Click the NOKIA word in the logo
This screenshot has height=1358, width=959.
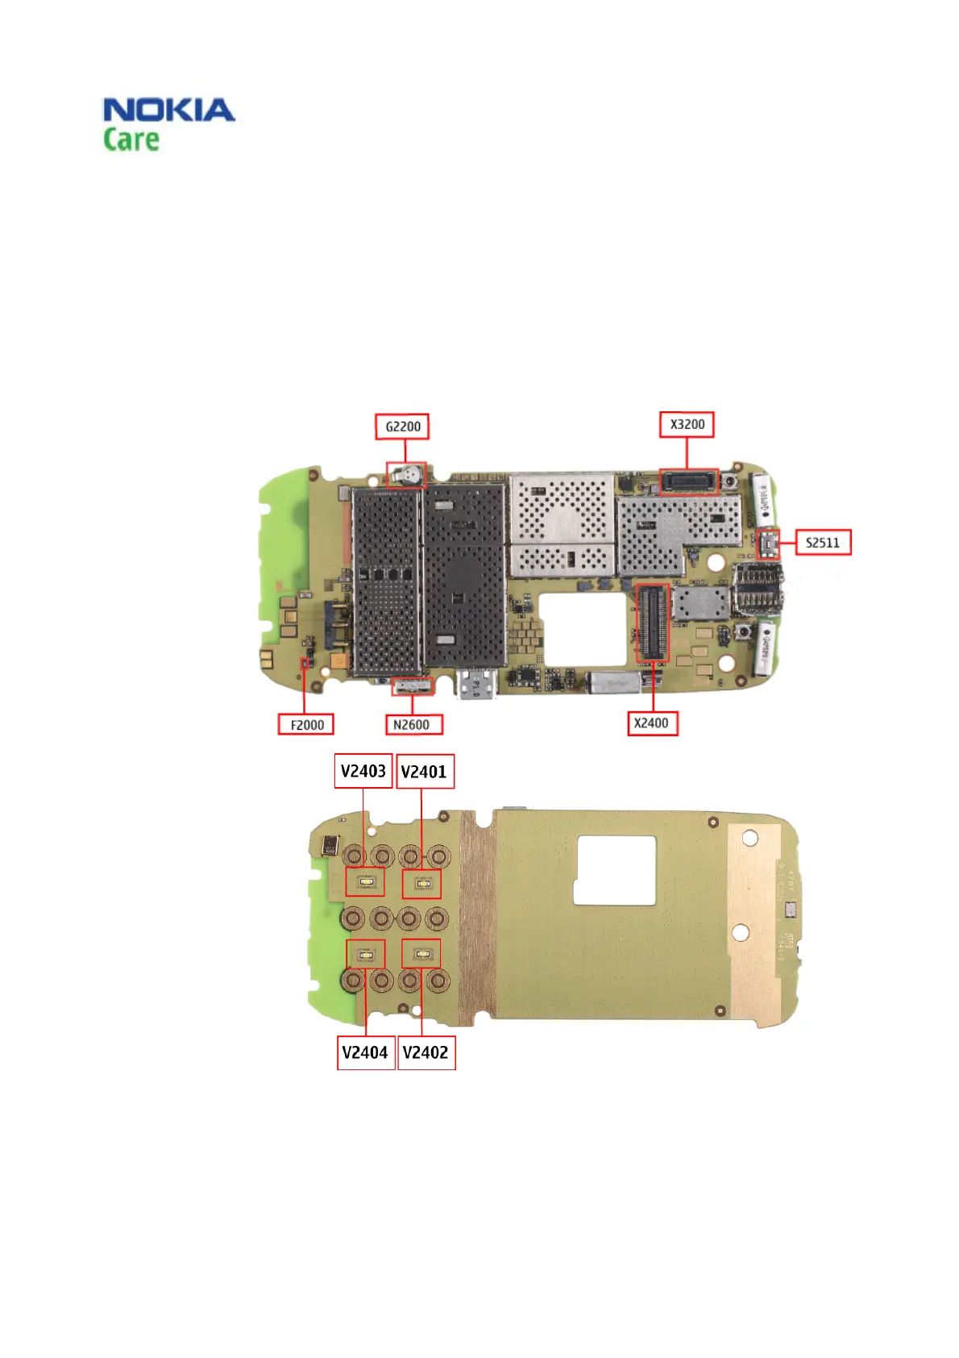[169, 110]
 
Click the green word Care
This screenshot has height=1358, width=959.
[131, 139]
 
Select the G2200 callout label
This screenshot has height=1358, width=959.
[402, 427]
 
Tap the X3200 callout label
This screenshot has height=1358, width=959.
[687, 424]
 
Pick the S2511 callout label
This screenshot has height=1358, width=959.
[823, 543]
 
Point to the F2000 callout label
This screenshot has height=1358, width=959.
[306, 724]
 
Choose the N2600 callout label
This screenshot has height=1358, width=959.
[411, 724]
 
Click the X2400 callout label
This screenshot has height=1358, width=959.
[651, 723]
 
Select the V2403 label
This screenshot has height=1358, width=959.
[363, 772]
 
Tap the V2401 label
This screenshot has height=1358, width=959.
[424, 772]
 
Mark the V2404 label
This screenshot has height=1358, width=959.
[366, 1052]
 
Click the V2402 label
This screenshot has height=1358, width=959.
[426, 1052]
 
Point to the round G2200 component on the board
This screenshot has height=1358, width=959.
[409, 475]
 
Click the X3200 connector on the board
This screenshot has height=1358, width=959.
[688, 482]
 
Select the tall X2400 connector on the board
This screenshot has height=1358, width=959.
[653, 623]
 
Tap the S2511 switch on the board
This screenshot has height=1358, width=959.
[769, 544]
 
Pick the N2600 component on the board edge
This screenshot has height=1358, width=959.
[413, 686]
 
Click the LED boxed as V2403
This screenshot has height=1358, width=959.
[365, 882]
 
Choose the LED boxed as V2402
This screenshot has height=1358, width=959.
[421, 955]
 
